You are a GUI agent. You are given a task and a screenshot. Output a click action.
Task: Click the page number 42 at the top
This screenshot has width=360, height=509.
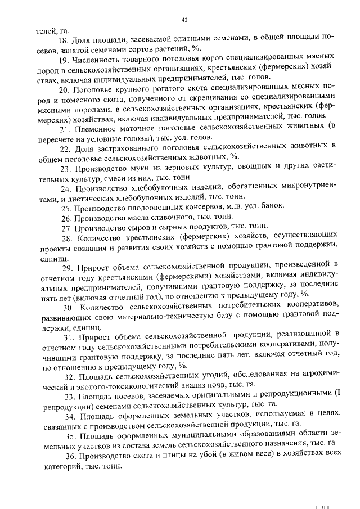[x=183, y=21]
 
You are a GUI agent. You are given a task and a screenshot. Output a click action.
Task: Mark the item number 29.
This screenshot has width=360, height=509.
[x=66, y=265]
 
